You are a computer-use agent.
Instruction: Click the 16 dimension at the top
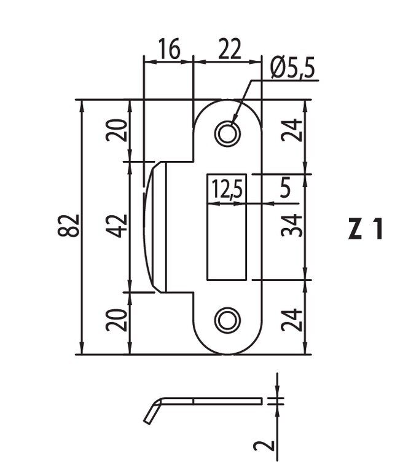[169, 49]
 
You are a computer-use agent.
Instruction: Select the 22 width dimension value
[227, 49]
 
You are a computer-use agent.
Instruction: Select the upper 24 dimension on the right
[294, 130]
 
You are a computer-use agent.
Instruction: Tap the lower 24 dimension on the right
[294, 320]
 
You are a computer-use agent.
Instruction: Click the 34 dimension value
[294, 226]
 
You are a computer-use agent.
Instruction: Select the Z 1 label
[366, 229]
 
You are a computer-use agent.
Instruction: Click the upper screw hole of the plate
[228, 133]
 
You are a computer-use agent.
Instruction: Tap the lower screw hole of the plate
[228, 320]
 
